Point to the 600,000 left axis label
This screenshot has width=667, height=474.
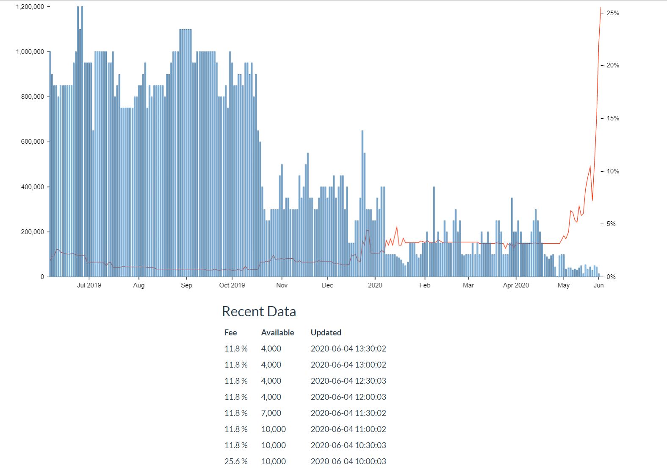coord(33,142)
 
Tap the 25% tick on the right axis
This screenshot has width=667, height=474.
coord(612,13)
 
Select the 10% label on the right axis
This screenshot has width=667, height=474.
coord(612,171)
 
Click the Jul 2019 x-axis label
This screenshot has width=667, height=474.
coord(89,285)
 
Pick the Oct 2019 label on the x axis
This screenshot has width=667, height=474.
coord(232,285)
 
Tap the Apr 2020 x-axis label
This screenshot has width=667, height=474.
coord(516,285)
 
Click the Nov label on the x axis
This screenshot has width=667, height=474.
coord(282,285)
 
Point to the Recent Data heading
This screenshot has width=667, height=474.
coord(259,312)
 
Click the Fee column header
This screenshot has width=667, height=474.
coord(230,333)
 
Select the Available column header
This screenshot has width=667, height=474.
coord(277,333)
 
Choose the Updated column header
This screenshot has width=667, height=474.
coord(326,333)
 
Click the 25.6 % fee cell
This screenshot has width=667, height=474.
coord(236,461)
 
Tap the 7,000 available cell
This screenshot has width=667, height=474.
coord(271,413)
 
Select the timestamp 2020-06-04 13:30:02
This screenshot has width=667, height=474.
coord(348,349)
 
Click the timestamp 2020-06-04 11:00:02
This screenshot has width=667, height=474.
coord(348,429)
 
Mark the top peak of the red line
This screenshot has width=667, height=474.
coord(601,7)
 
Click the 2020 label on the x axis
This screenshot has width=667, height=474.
coord(375,285)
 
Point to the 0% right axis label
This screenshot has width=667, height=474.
coord(611,277)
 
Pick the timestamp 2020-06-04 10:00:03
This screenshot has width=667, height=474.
coord(348,461)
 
